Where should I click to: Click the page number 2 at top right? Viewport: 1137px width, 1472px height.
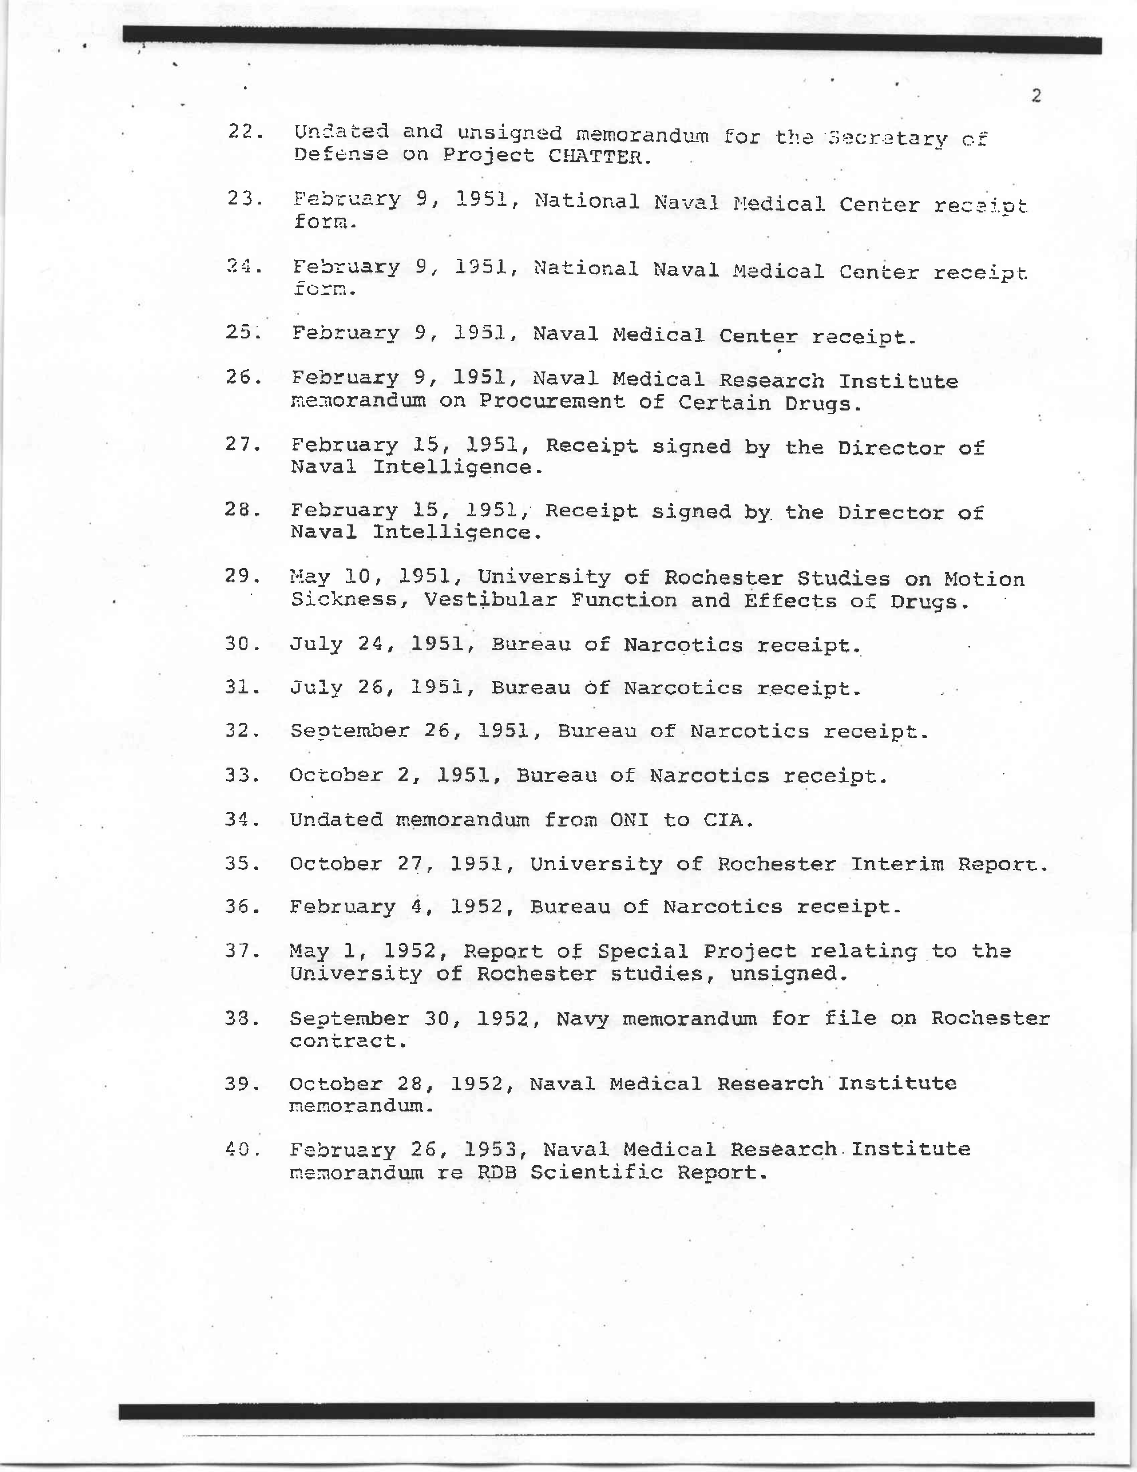click(1036, 96)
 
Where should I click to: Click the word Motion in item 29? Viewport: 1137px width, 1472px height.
click(984, 579)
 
